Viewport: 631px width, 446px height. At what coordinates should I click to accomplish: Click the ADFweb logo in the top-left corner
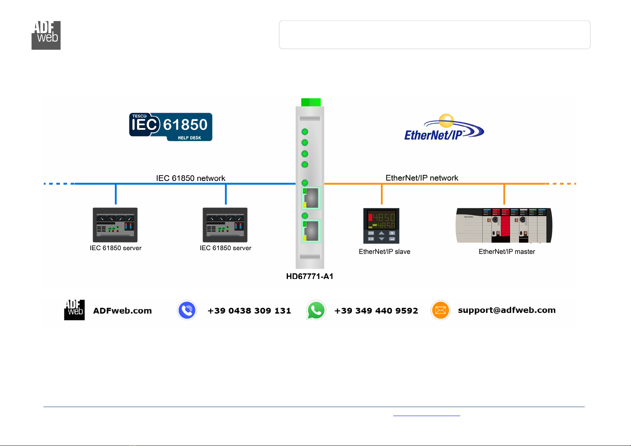point(46,35)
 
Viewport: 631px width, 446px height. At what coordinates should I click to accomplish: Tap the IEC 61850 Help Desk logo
point(171,127)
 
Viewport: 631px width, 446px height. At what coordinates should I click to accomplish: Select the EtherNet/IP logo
point(444,127)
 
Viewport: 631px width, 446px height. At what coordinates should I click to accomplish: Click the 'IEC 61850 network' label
point(191,178)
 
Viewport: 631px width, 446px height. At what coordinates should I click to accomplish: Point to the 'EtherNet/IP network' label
point(422,178)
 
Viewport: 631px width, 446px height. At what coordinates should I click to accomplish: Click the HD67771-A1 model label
point(310,276)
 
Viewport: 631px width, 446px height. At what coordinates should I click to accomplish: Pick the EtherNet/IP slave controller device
point(381,226)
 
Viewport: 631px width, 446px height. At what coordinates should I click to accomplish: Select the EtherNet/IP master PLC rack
point(504,225)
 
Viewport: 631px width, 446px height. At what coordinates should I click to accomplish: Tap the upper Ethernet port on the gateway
point(311,198)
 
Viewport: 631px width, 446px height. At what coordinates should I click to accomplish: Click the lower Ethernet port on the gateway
point(311,231)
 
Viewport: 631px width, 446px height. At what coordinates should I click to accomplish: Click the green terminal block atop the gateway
point(311,102)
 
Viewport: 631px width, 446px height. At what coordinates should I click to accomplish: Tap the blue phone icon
point(187,310)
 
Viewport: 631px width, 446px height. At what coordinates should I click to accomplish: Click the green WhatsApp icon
point(316,310)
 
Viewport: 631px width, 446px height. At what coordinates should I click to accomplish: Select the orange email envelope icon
point(440,310)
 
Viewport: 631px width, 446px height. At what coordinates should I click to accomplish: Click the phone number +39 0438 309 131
point(249,310)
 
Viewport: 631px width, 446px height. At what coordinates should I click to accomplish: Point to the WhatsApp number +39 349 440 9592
point(376,310)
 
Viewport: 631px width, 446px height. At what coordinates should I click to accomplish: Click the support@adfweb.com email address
point(507,310)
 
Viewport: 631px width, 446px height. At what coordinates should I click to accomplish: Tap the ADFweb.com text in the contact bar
point(122,310)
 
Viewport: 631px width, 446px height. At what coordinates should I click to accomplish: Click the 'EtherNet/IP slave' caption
point(385,252)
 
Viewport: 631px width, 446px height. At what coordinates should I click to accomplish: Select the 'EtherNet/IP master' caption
point(507,252)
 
